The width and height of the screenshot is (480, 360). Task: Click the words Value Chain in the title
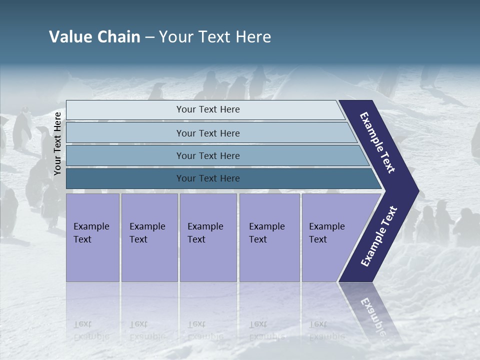coord(94,37)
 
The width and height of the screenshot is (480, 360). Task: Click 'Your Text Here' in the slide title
coord(215,37)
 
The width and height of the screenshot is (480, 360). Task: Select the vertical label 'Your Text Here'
coord(57,144)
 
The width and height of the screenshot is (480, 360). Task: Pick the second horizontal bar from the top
coord(207,133)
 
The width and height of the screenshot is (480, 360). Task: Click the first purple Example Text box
coord(92,237)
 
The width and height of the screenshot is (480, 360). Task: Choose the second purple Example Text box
coord(149,237)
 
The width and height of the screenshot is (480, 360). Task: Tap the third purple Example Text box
coord(207,237)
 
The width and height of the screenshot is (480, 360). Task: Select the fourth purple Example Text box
coord(269,237)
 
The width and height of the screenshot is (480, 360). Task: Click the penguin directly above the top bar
coord(158,91)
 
